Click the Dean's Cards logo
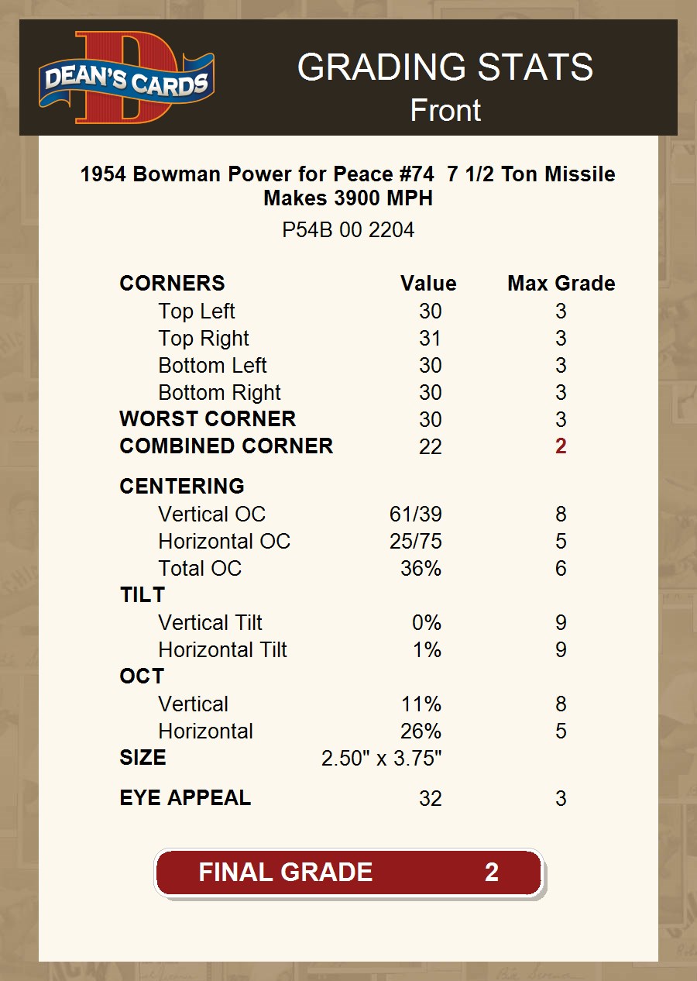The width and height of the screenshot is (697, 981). click(x=126, y=77)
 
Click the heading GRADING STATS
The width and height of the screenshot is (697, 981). click(x=445, y=67)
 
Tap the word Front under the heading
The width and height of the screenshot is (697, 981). click(x=445, y=110)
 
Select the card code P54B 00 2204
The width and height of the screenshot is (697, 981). click(x=348, y=230)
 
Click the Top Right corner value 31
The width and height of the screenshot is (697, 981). click(x=430, y=339)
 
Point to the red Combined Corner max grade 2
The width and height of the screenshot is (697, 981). click(x=561, y=446)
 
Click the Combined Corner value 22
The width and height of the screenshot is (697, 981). click(x=430, y=446)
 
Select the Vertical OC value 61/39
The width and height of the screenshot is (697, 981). click(x=416, y=515)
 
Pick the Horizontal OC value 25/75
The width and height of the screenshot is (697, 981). click(x=416, y=542)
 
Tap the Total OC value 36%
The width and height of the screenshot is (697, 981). click(x=421, y=569)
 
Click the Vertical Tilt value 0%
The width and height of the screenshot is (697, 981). click(x=427, y=623)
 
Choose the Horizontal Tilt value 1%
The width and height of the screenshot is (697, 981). click(x=427, y=650)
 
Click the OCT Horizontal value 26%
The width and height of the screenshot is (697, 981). click(x=421, y=731)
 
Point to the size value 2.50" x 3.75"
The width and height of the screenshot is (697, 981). click(x=382, y=759)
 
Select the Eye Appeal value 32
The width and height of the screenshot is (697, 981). click(x=430, y=799)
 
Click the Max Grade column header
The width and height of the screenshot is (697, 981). click(x=561, y=284)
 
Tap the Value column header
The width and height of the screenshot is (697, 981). click(x=428, y=284)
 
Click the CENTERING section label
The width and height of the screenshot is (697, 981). click(x=182, y=487)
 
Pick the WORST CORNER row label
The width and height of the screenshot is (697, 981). click(x=208, y=419)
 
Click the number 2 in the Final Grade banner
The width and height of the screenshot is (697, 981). click(x=491, y=873)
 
